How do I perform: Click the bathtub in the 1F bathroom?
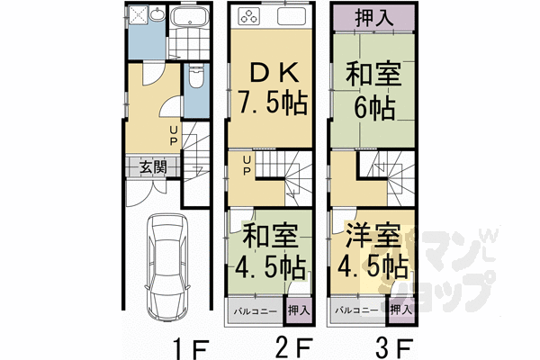(190, 21)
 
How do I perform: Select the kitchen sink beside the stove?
(293, 19)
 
